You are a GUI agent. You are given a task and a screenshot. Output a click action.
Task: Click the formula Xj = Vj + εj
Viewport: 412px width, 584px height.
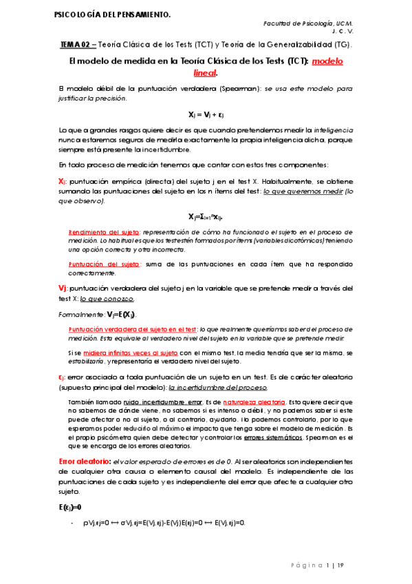[206, 114]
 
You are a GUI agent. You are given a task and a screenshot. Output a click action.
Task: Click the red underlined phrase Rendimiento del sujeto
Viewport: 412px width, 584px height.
[100, 231]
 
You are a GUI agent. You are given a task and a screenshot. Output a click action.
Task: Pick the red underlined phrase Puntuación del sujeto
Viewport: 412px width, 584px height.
[100, 264]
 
